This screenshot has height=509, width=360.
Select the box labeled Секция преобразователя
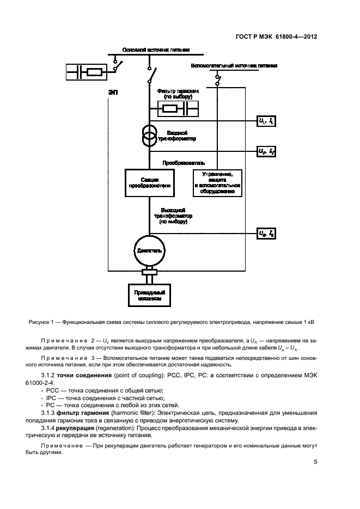tap(149, 183)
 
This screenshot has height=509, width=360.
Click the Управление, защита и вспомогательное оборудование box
tap(217, 183)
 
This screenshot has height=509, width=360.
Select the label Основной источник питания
tap(156, 50)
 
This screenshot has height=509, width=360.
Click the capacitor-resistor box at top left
tap(87, 71)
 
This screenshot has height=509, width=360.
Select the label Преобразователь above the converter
tap(184, 162)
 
